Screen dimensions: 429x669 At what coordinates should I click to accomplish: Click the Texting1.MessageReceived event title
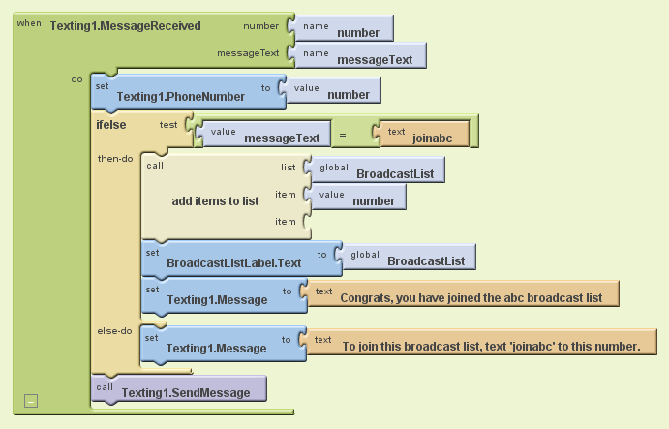coord(124,25)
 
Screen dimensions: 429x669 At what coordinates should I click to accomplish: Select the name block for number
coord(348,29)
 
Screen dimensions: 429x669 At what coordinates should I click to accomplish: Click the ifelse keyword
coord(114,124)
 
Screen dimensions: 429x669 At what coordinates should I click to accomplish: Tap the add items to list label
coord(215,200)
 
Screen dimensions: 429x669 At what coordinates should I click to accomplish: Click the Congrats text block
coord(465,295)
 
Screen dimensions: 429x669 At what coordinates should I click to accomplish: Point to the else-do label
coord(114,330)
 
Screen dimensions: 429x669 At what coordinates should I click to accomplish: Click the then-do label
coord(115,158)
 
